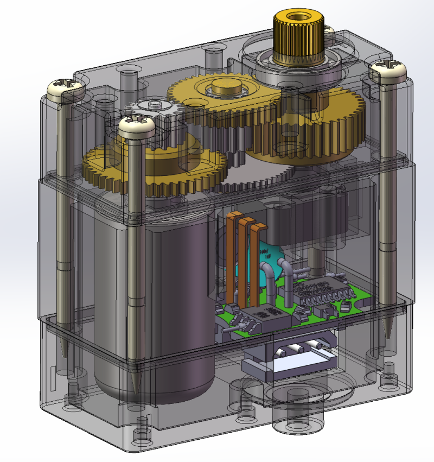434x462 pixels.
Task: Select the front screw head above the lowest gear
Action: pyautogui.click(x=137, y=126)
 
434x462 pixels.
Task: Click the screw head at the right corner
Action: pyautogui.click(x=387, y=71)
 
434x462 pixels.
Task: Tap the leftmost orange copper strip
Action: pyautogui.click(x=233, y=255)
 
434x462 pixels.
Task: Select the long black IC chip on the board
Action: pyautogui.click(x=322, y=290)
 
